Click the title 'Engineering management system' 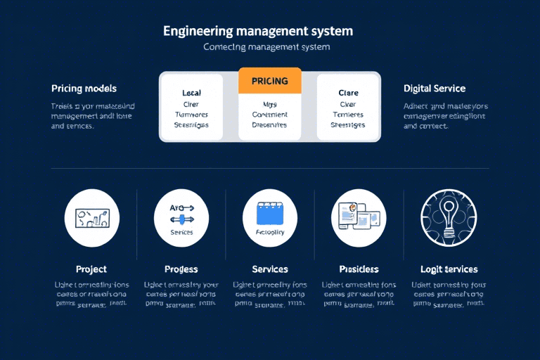coord(258,32)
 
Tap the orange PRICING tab coord(269,81)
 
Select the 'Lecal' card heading coord(191,93)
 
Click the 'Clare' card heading coord(348,93)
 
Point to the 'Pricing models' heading coord(84,89)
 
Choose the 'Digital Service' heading coord(434,89)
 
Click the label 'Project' coord(91,269)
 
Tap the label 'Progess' coord(181,269)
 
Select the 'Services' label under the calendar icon coord(270,269)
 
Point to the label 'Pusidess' coord(359,269)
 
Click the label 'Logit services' coord(449,269)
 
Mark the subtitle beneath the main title coord(266,47)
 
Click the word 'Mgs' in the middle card coord(269,104)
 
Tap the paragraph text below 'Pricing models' coord(93,116)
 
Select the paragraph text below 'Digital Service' coord(445,116)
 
